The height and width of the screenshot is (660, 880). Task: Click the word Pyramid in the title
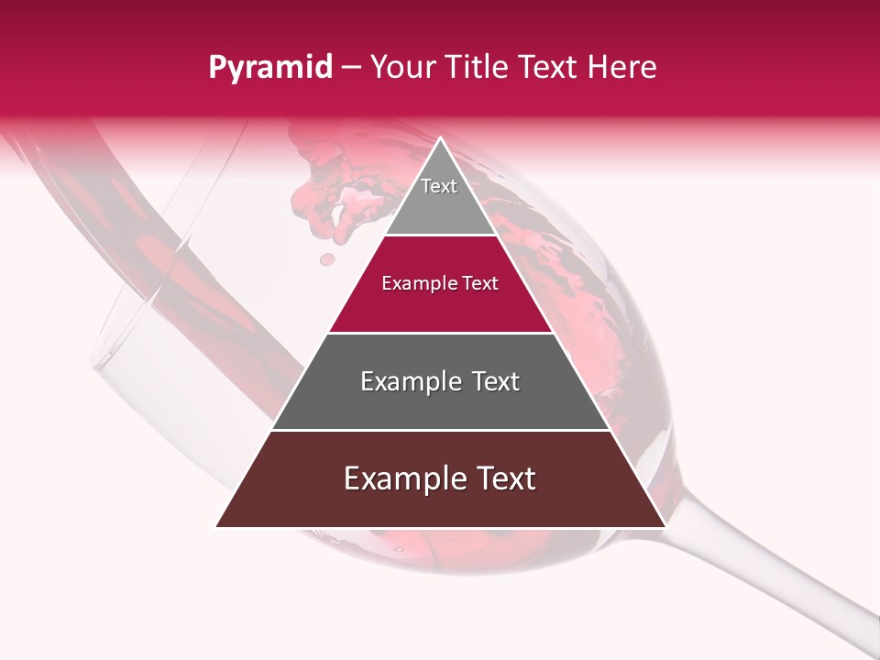pos(269,68)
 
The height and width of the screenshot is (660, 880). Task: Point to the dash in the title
pos(351,68)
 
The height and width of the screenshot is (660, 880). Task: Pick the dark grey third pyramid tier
pos(440,403)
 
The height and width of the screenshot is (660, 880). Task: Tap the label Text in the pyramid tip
pos(439,186)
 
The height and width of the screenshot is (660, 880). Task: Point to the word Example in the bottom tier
pos(402,478)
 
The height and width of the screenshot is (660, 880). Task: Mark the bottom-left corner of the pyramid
pos(217,526)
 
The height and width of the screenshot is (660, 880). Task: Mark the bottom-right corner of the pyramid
pos(665,526)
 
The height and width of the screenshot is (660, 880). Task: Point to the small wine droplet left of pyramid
pos(326,259)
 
